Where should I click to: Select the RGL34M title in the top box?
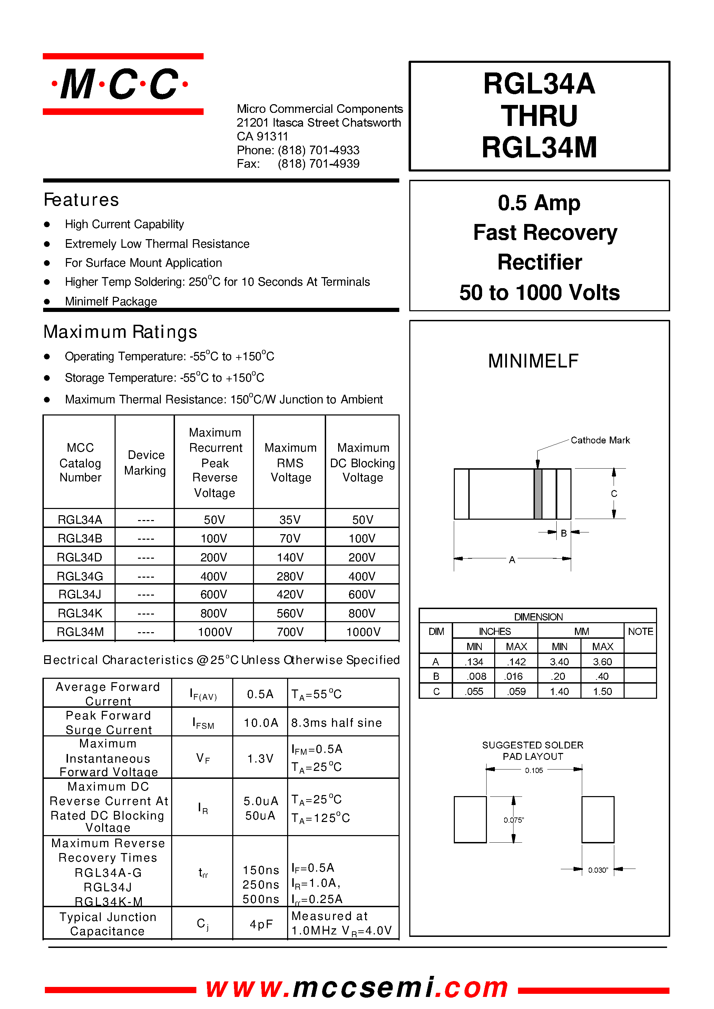coord(539,147)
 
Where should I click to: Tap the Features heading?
coord(81,200)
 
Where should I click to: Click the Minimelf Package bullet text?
coord(111,301)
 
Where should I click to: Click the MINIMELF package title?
coord(533,361)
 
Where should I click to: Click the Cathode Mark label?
coord(600,440)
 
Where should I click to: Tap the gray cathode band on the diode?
coord(537,494)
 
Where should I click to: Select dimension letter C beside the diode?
coord(614,494)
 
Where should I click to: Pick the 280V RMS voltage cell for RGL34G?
coord(290,576)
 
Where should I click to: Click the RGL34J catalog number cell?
coord(80,595)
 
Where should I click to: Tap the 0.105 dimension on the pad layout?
coord(534,770)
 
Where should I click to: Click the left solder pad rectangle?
coord(470,820)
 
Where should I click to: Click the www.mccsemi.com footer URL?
coord(357,988)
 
